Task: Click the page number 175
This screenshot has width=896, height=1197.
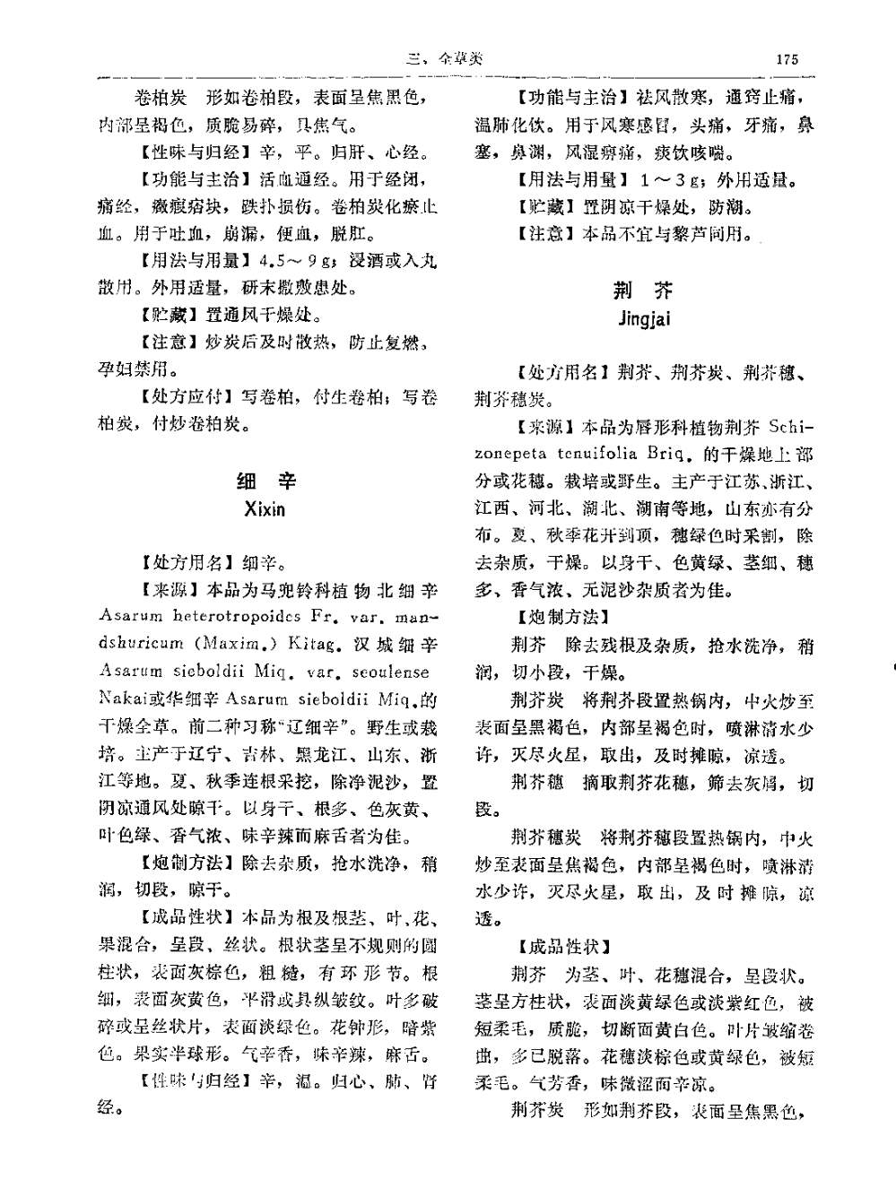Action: pos(787,59)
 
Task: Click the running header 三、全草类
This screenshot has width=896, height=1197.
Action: pos(444,59)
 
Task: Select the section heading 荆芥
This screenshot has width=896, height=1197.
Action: pos(643,290)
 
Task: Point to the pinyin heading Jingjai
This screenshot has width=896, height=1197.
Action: pos(643,318)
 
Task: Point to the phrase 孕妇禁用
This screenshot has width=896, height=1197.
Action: pos(135,369)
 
